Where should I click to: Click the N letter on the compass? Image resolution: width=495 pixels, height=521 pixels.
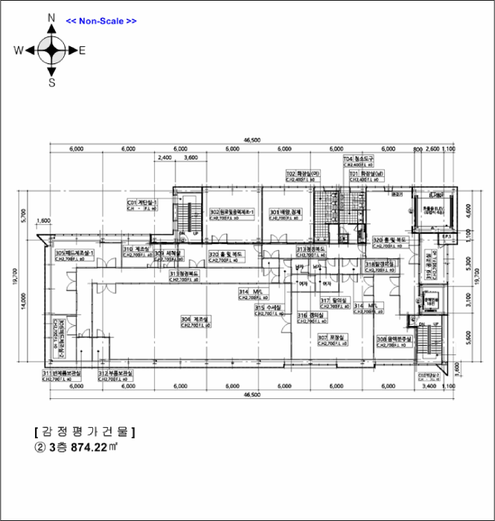point(51,17)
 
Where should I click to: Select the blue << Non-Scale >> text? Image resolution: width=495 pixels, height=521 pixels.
point(101,21)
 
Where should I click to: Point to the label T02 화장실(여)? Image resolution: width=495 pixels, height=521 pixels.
point(303,173)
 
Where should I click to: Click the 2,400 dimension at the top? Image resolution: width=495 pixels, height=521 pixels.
point(166,158)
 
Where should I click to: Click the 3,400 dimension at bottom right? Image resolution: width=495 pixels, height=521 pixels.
point(429,387)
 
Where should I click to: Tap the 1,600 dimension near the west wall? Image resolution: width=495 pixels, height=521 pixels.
point(42,221)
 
